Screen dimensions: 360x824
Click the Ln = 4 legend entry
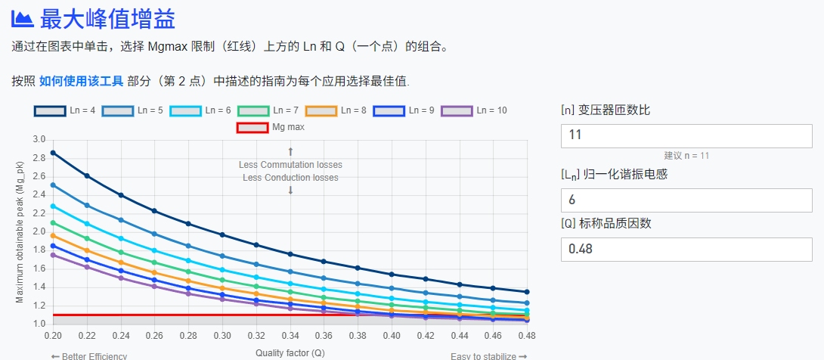(x=64, y=110)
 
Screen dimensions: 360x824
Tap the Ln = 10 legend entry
(x=474, y=110)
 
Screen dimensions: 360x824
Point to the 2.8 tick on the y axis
(x=39, y=158)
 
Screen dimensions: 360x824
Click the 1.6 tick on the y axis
(x=39, y=268)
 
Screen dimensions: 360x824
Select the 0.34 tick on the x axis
(x=290, y=334)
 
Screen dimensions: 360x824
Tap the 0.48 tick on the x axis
(x=526, y=334)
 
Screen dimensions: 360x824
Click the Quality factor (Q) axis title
(x=290, y=353)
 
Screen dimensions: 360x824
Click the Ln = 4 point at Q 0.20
(x=53, y=153)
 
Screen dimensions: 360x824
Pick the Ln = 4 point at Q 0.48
(x=527, y=292)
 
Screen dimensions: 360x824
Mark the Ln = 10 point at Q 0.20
(x=53, y=255)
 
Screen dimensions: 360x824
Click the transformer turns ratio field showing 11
(x=686, y=135)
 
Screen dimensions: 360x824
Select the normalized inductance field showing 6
(x=686, y=200)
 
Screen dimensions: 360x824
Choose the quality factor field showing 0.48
(x=686, y=249)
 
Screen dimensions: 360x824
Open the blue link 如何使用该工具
(x=81, y=81)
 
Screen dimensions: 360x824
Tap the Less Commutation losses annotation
(x=290, y=165)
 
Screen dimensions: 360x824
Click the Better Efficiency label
(x=88, y=356)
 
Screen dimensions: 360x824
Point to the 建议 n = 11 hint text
(x=686, y=156)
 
